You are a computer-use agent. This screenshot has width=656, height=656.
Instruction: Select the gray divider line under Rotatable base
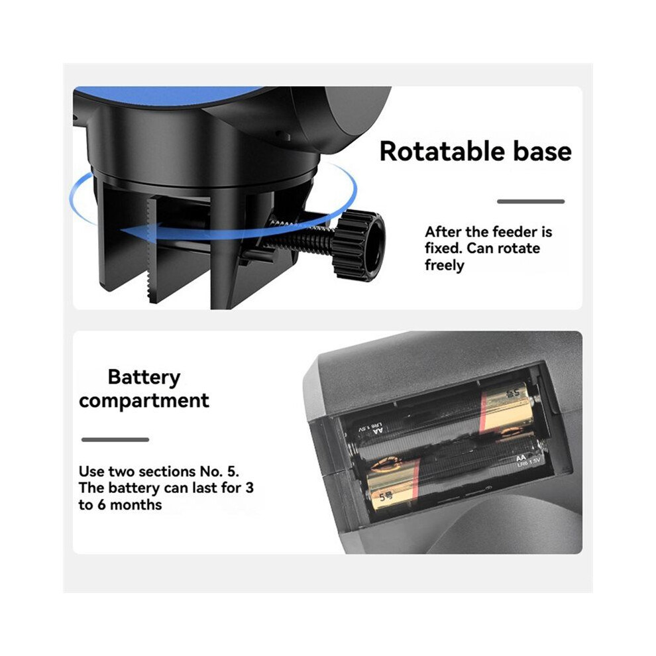(531, 201)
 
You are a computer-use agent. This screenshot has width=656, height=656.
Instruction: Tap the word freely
(445, 265)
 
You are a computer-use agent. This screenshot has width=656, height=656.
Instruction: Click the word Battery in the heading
(144, 378)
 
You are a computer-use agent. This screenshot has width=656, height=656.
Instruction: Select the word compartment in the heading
(144, 400)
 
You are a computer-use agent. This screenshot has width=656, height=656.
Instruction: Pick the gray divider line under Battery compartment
(115, 440)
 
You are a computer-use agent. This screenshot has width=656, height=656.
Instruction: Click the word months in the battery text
(136, 504)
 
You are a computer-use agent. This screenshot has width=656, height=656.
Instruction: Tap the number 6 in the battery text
(101, 504)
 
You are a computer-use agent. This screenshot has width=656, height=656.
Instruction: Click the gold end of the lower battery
(393, 484)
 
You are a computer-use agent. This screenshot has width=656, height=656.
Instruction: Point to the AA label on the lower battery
(521, 458)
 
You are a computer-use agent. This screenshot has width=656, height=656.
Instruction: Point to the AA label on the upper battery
(378, 430)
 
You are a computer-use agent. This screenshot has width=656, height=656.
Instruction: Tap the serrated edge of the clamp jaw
(149, 248)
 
